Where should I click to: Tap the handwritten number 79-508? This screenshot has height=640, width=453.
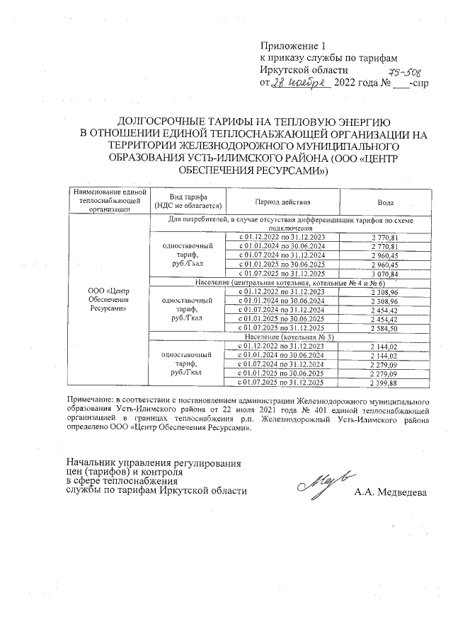[x=404, y=73]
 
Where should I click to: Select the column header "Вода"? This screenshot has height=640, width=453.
[x=385, y=202]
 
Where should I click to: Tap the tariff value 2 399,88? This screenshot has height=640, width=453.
[x=385, y=383]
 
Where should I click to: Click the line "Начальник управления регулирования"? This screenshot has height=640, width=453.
[x=153, y=462]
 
